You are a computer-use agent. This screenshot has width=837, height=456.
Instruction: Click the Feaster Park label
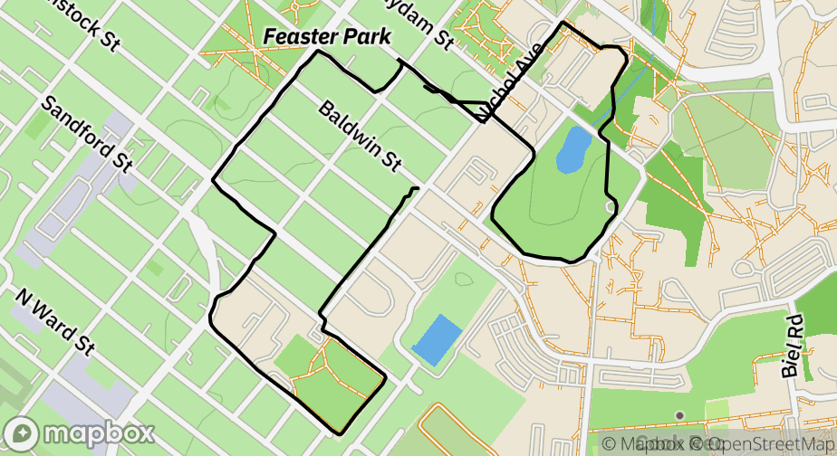pos(327,37)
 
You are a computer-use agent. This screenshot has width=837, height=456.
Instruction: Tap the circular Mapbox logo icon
pos(21,433)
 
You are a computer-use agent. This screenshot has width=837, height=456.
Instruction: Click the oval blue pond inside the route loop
pos(572,148)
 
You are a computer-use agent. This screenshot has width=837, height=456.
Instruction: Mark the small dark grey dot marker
pos(679,415)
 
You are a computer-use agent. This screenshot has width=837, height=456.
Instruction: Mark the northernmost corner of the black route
pos(563,23)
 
